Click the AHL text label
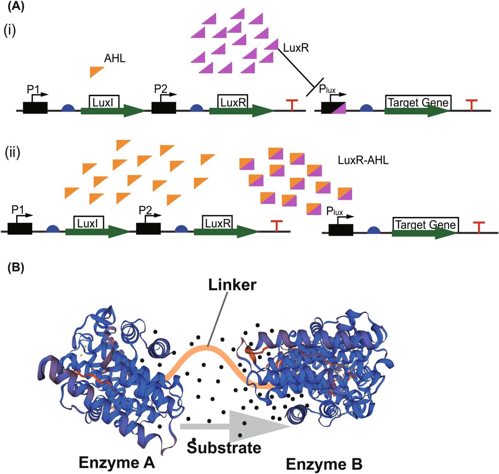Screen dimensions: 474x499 (115, 59)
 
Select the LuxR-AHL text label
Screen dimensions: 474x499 (363, 160)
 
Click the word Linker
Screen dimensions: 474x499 (232, 285)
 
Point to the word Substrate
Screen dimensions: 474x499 (224, 447)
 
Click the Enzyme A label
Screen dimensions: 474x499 (116, 462)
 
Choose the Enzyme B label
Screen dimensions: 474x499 (324, 464)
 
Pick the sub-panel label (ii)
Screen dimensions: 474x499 (12, 152)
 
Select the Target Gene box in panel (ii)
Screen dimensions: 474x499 (425, 225)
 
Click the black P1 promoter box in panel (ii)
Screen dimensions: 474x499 (20, 229)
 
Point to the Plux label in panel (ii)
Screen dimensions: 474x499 (334, 212)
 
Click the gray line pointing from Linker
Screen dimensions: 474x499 (217, 318)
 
